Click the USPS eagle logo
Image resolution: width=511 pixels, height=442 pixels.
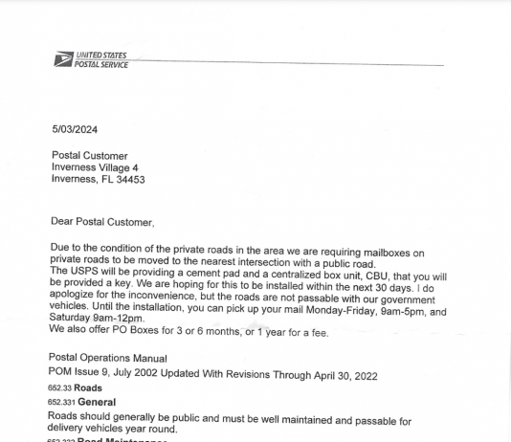coord(63,59)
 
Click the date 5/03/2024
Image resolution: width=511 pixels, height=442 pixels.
coord(75,130)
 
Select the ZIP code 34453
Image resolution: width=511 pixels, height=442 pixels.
coord(130,179)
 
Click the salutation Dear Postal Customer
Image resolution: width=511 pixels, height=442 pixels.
coord(101,222)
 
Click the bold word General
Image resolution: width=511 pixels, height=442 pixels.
coord(97,403)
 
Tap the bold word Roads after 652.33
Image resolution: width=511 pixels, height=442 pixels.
coord(88,388)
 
